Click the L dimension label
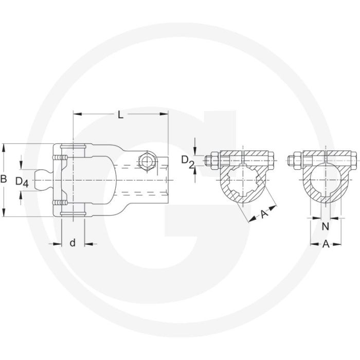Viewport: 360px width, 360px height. tap(120, 115)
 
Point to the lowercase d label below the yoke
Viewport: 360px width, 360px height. tap(73, 243)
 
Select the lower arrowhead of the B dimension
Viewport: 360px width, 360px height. tap(4, 215)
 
